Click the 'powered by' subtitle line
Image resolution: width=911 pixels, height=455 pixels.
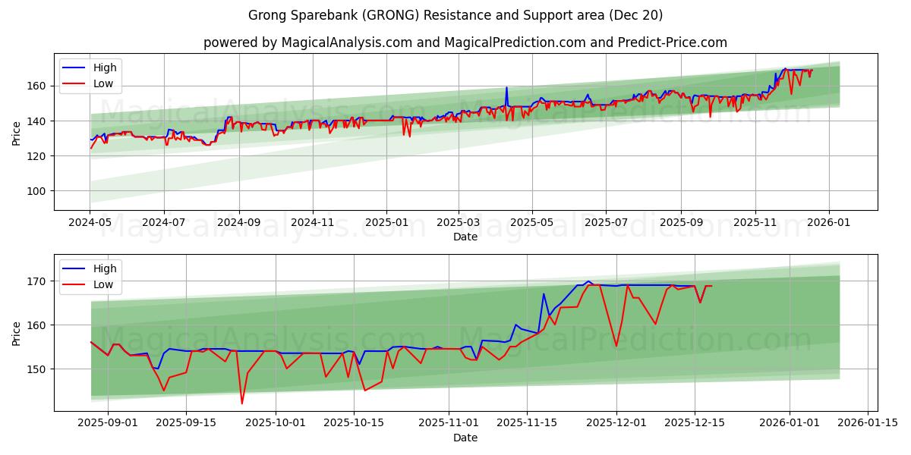465,42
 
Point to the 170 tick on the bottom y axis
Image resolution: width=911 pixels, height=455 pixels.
37,281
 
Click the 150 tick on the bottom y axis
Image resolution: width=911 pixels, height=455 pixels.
37,369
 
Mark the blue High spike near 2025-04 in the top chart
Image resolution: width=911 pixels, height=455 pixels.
506,87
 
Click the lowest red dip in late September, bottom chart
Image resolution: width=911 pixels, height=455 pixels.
242,403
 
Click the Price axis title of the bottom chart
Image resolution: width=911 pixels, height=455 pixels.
17,333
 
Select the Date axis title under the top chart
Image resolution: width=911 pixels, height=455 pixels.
465,237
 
